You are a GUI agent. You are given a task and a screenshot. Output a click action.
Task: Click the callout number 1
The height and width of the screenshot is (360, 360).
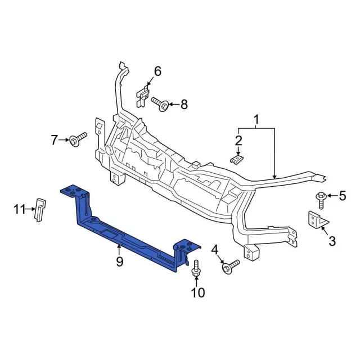tap(256, 119)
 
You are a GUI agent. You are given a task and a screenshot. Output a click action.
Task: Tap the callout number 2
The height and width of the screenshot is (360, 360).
tap(238, 140)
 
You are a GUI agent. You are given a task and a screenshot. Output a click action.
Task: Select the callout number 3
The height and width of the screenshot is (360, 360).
tap(331, 241)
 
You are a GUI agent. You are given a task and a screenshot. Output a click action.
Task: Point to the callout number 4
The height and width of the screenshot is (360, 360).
tap(214, 249)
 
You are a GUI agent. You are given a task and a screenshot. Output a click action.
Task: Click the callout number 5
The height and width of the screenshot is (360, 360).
tap(343, 196)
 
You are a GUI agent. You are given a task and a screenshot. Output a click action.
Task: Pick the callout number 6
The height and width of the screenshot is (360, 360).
tap(157, 71)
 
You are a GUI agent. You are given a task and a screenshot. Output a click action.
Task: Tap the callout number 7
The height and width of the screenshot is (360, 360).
tap(55, 139)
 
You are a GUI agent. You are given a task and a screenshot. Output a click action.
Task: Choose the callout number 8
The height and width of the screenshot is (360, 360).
tap(184, 105)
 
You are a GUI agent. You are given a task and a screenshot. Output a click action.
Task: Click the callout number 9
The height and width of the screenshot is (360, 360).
tap(119, 262)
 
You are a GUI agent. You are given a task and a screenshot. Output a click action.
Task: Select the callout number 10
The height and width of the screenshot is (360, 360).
tap(197, 292)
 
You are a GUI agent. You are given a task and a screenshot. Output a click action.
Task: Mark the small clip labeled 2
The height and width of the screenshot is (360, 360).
tap(238, 159)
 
